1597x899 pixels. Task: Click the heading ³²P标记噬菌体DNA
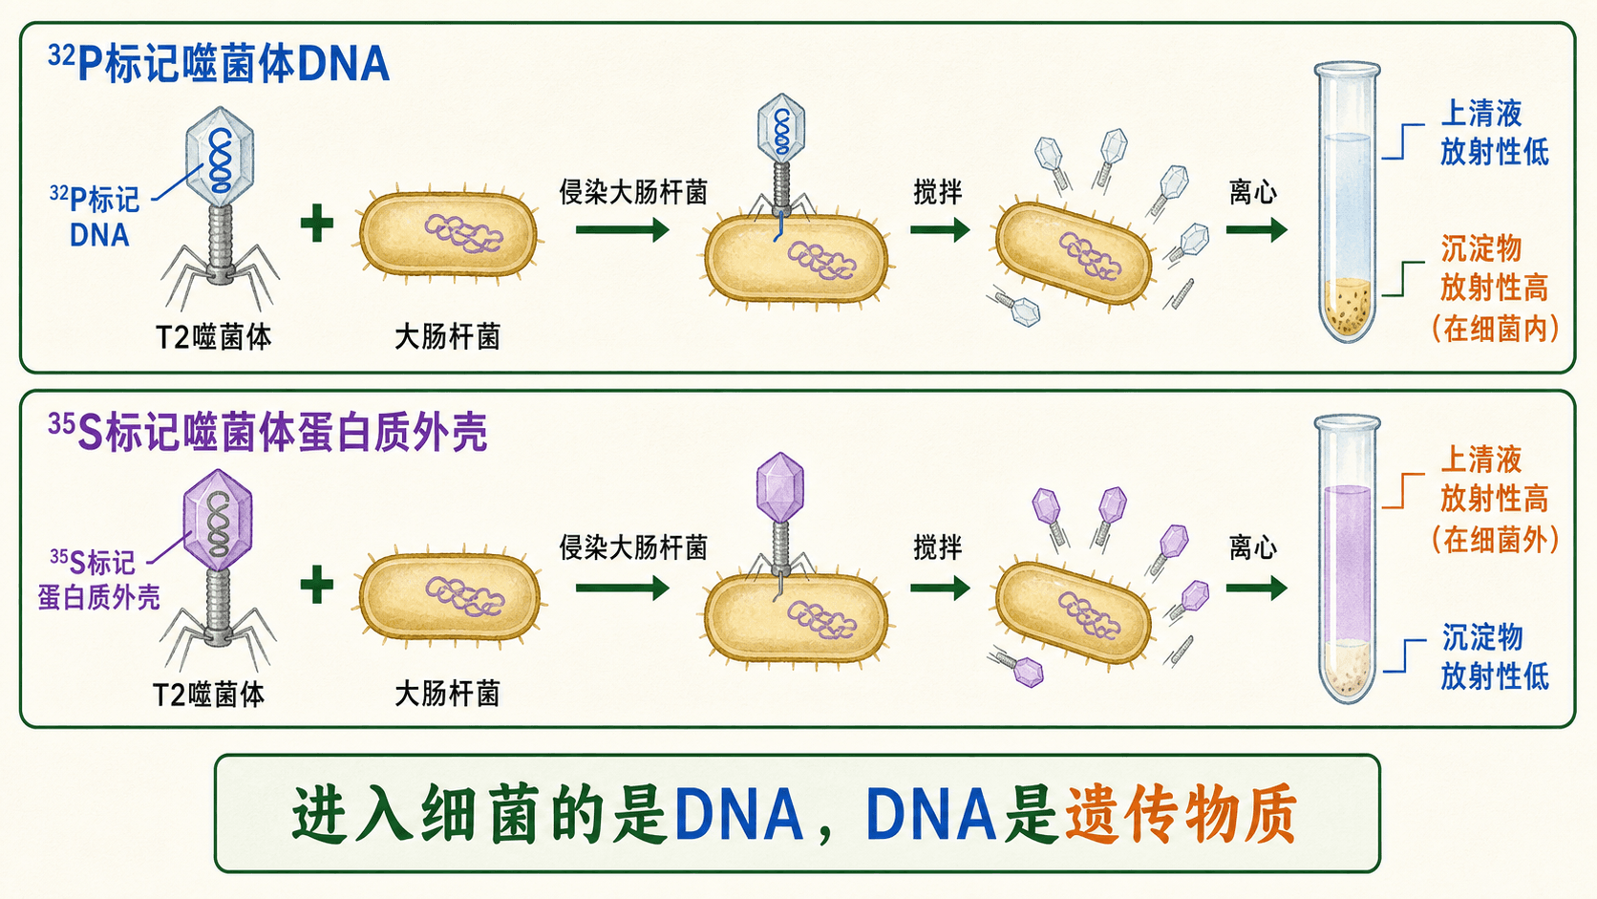click(219, 63)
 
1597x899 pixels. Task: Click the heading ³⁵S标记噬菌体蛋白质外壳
click(267, 431)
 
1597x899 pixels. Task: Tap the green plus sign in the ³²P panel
click(317, 224)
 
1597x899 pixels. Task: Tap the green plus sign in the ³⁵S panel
click(317, 586)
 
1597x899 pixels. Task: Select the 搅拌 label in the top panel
click(938, 192)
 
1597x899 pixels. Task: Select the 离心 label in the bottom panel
click(1253, 547)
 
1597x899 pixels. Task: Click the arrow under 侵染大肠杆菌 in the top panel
click(623, 229)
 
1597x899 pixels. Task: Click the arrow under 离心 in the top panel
click(1257, 229)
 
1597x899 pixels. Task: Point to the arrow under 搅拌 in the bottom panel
click(941, 589)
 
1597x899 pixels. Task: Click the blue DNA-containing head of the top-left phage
click(220, 157)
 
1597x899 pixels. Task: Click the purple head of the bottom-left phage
click(218, 520)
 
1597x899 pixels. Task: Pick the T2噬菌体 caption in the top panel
click(214, 337)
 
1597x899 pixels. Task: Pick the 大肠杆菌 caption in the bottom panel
click(448, 694)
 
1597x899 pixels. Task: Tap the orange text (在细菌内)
click(1495, 329)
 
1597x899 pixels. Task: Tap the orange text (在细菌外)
click(1495, 540)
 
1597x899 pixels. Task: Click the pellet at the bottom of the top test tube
click(1348, 308)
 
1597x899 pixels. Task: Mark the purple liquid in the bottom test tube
click(1348, 564)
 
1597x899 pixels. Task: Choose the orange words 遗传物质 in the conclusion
click(1180, 814)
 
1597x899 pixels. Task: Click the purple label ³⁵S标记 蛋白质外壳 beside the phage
click(98, 580)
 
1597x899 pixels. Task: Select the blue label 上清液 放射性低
click(1495, 133)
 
